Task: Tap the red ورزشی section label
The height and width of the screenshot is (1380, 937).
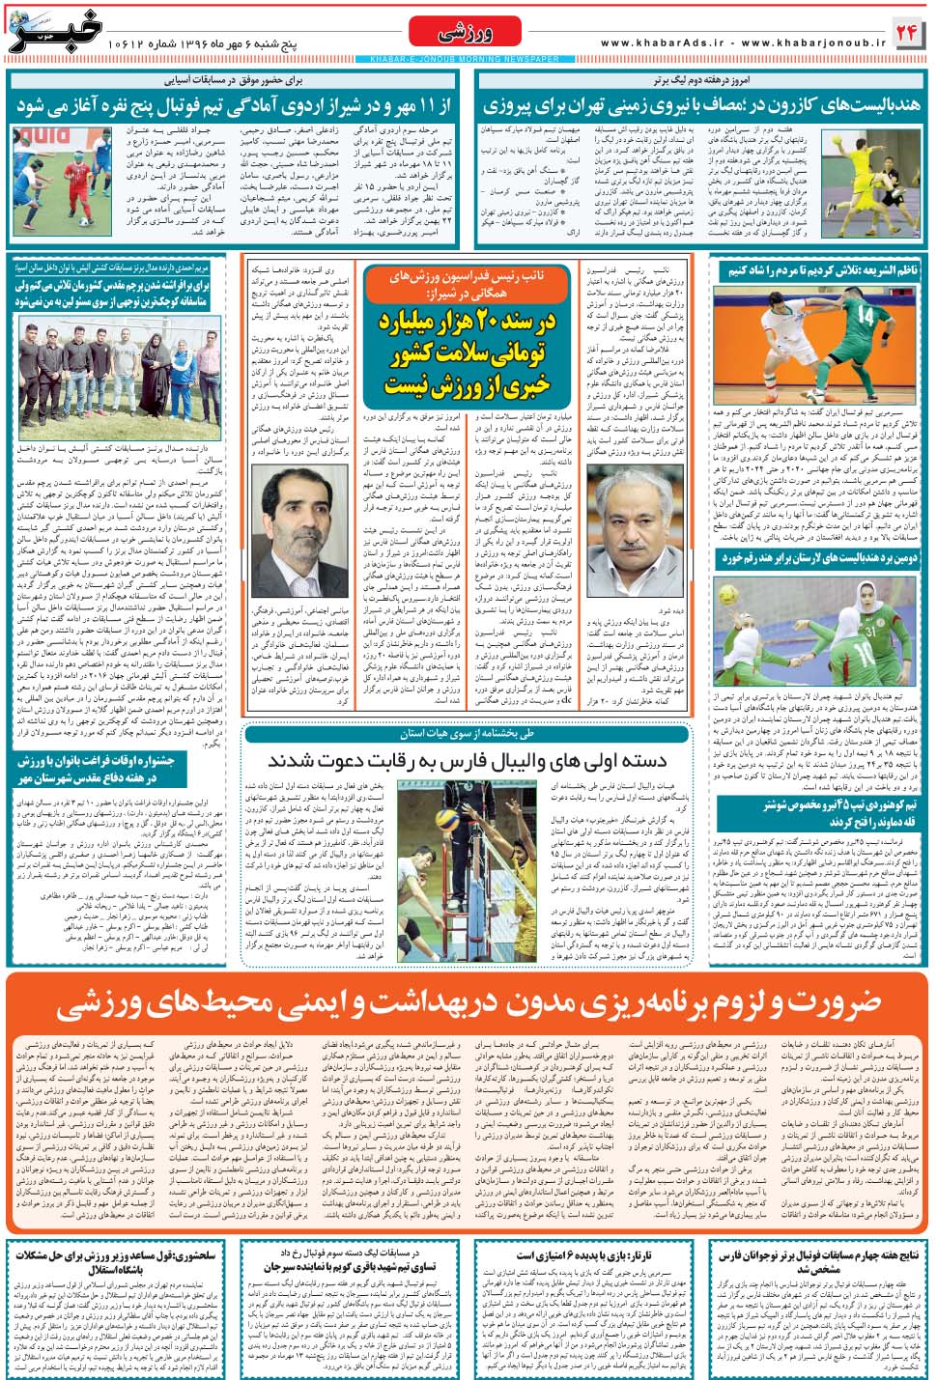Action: (x=467, y=32)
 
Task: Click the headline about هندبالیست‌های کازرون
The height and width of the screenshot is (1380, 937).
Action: (x=701, y=105)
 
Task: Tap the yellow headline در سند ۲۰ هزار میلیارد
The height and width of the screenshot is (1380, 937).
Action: (x=467, y=353)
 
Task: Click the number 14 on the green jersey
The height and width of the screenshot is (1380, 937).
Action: (x=866, y=316)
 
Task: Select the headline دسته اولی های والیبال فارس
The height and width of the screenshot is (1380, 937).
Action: (x=467, y=760)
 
